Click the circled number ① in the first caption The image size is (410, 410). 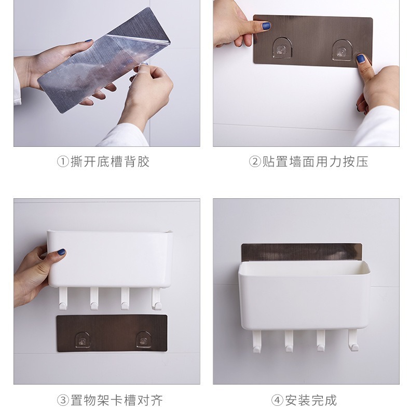tap(63, 161)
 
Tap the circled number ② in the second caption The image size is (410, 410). tap(255, 161)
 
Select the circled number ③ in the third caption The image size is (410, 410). tap(63, 400)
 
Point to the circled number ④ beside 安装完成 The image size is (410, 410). tap(277, 400)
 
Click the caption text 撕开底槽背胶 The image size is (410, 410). tap(110, 161)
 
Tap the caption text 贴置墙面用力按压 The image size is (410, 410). tap(316, 161)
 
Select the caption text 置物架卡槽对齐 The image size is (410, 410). tap(117, 400)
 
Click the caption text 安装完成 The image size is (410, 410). tap(311, 400)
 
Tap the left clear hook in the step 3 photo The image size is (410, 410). tap(83, 340)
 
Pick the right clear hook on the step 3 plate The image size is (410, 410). tap(144, 339)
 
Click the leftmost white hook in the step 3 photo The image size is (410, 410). tap(63, 298)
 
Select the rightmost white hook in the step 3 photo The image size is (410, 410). tap(156, 298)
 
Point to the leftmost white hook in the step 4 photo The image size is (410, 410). tap(257, 341)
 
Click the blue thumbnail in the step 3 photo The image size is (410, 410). tap(61, 252)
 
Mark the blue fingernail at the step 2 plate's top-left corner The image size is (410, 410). tap(266, 25)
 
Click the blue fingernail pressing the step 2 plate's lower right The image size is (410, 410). tap(361, 58)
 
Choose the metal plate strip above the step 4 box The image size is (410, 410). tap(302, 252)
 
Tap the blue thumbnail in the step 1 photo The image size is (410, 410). tap(88, 41)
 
